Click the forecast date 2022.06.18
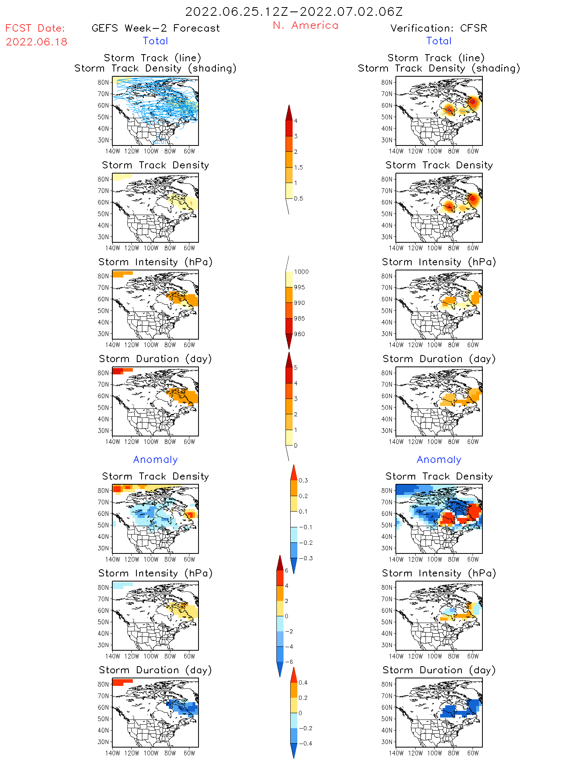(x=36, y=42)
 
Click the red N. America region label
(x=305, y=26)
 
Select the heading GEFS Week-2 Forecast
(x=155, y=28)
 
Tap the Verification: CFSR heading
(x=439, y=28)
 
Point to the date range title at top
(x=294, y=12)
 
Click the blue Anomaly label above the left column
(x=155, y=460)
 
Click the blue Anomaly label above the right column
(x=439, y=460)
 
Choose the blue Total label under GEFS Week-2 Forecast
(x=155, y=41)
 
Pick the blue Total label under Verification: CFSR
(x=439, y=41)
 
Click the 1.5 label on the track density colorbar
(x=299, y=168)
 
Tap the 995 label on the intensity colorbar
(x=299, y=287)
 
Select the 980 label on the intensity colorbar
(x=299, y=334)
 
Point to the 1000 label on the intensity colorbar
(x=301, y=272)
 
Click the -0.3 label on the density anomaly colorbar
(x=305, y=559)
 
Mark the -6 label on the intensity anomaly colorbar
(x=289, y=662)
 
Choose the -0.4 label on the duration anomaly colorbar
(x=305, y=744)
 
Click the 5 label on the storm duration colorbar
(x=296, y=368)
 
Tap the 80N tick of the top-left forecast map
(x=103, y=83)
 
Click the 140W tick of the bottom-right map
(x=396, y=753)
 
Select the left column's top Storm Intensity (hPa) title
(x=155, y=262)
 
